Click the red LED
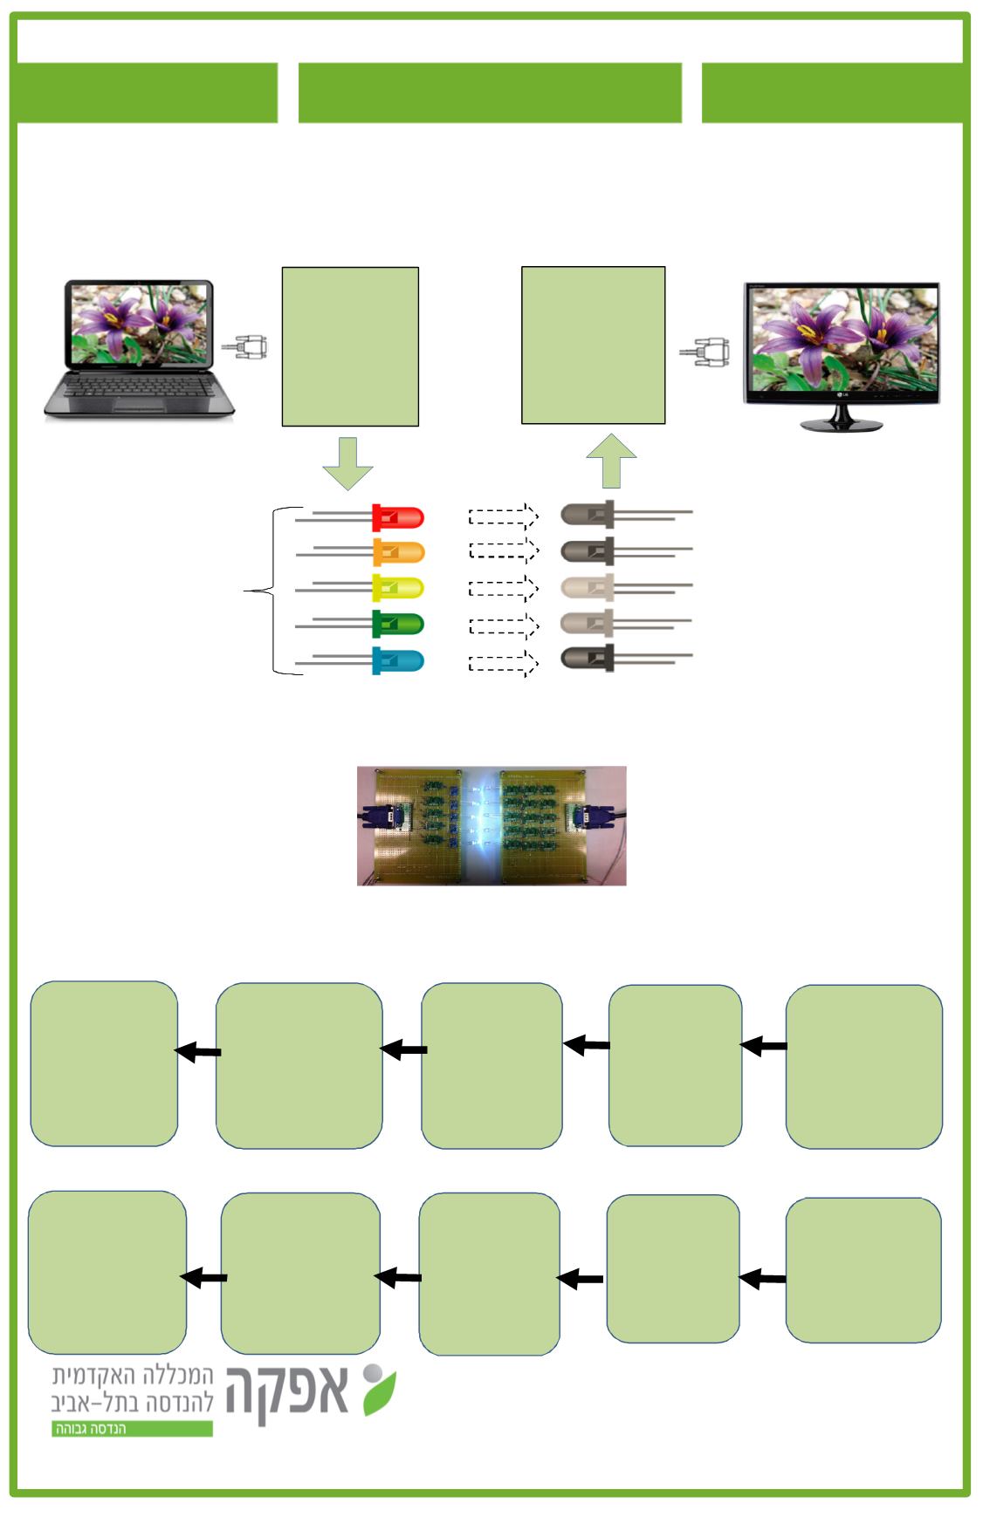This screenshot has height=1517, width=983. click(x=398, y=517)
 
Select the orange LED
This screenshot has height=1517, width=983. click(x=398, y=552)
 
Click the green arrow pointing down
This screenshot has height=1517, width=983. click(x=347, y=462)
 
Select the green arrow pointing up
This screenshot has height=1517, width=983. click(x=611, y=461)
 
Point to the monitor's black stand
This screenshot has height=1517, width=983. click(x=841, y=423)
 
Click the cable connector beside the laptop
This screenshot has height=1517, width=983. click(x=245, y=347)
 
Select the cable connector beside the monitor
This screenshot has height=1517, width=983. click(x=705, y=352)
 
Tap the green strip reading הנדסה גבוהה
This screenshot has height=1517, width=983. click(x=132, y=1429)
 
